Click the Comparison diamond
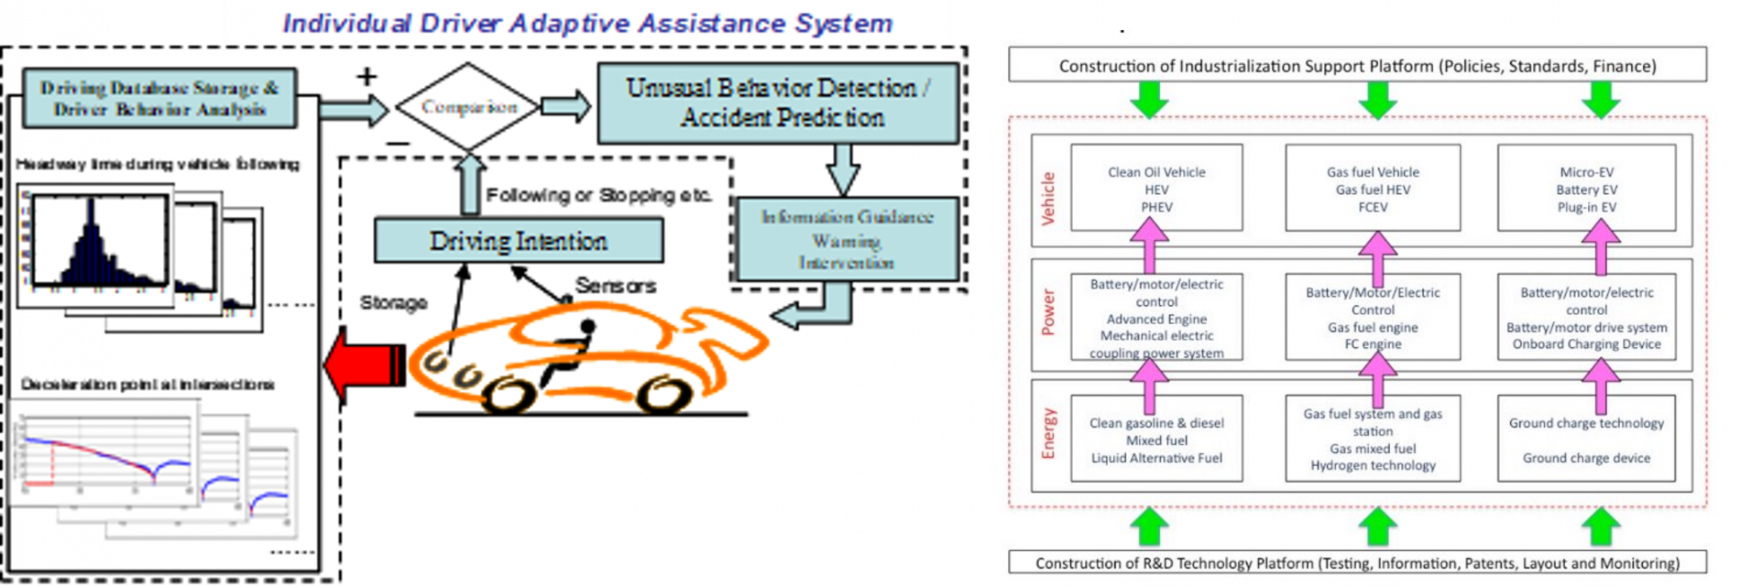[468, 107]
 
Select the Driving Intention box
[519, 241]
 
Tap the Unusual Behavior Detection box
[778, 103]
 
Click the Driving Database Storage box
[159, 99]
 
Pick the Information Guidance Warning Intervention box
[847, 239]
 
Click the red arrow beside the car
[360, 364]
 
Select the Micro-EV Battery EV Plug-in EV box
[1586, 190]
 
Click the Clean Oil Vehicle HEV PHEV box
[1156, 190]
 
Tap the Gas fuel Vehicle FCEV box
[1373, 190]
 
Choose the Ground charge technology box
[1586, 439]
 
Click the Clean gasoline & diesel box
[1156, 439]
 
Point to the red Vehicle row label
[1048, 199]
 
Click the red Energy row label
[1048, 434]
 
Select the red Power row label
[1048, 312]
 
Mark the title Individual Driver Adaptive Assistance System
[587, 23]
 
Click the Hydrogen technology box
[1373, 439]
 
